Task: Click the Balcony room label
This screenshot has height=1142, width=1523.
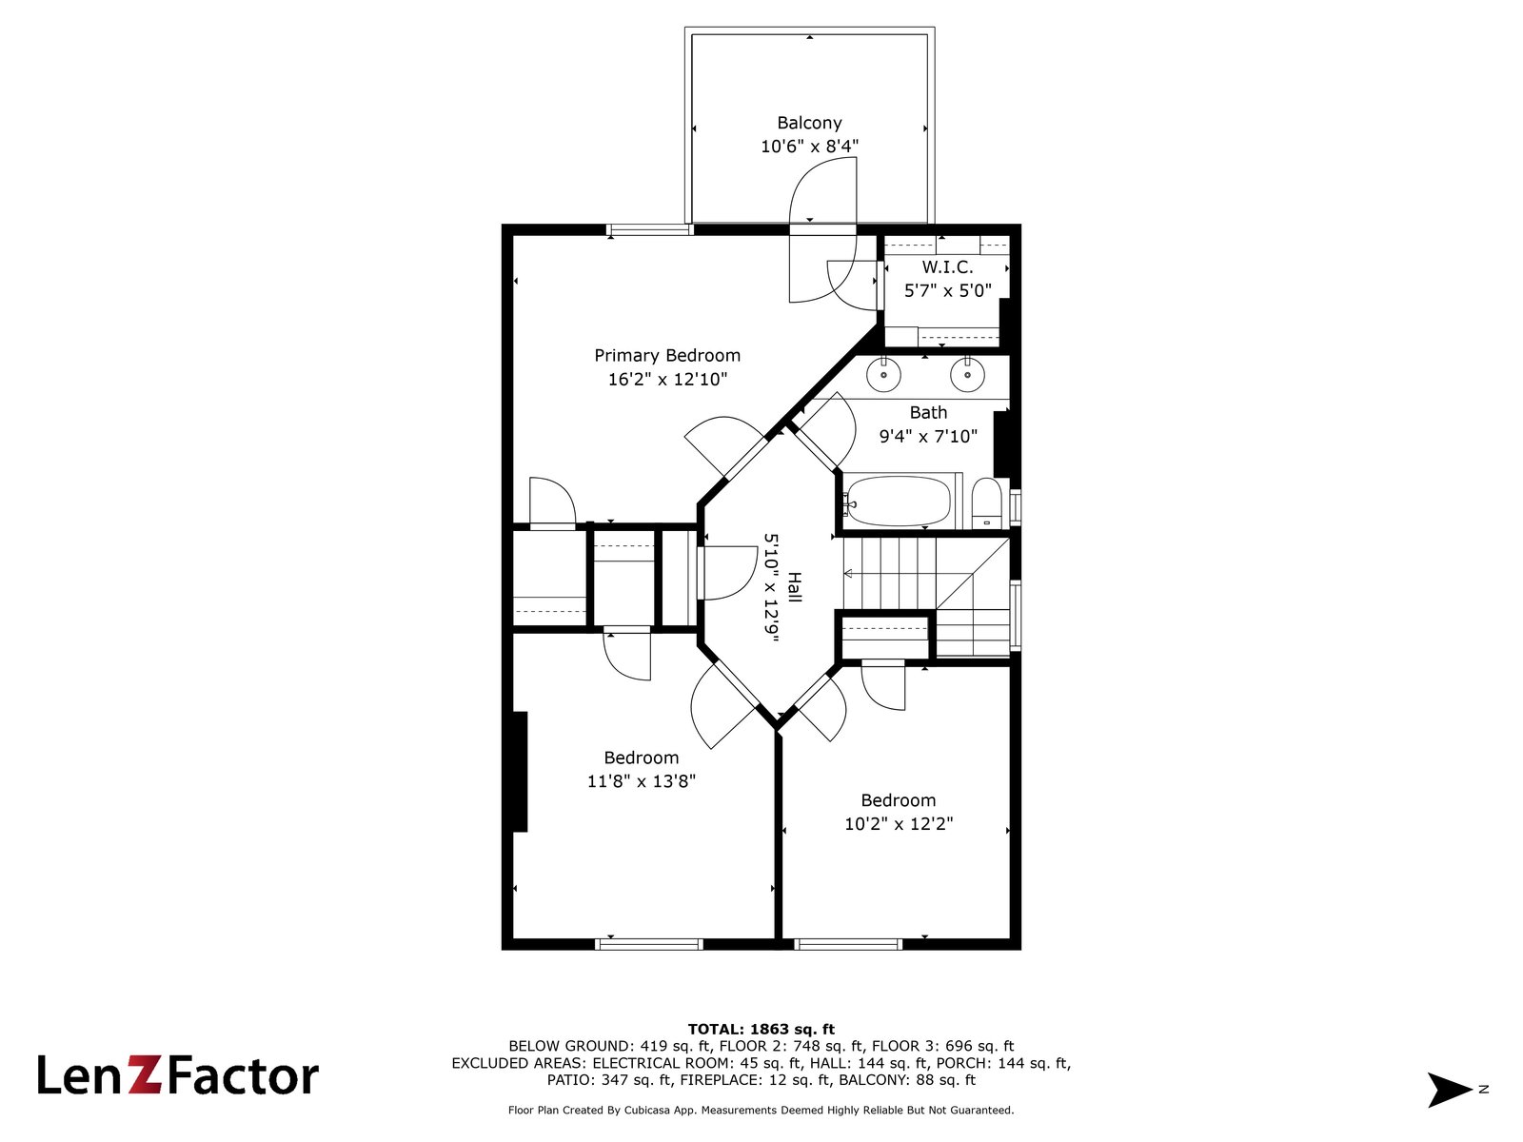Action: point(809,123)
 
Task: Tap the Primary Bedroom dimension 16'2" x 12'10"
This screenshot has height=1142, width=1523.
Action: point(667,380)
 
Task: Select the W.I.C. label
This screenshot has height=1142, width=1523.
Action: point(947,267)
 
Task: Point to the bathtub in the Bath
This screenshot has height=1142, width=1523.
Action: point(900,501)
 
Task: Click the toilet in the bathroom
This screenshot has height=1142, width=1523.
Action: point(986,502)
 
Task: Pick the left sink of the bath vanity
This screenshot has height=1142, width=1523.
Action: point(884,375)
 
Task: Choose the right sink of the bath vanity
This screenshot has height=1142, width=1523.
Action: point(967,375)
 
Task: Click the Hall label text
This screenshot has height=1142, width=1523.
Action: point(795,587)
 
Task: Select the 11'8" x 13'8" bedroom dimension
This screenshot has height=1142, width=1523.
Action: point(642,781)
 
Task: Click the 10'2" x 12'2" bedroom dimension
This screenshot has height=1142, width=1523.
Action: point(899,824)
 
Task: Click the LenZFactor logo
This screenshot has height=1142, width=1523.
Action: point(178,1075)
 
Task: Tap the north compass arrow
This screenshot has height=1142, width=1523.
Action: point(1450,1090)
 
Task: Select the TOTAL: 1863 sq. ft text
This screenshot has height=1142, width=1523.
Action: point(761,1030)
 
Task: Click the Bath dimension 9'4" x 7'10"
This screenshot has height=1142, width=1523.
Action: point(928,436)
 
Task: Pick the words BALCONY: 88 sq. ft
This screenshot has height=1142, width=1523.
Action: point(907,1079)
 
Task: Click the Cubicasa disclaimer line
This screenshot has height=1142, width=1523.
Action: point(761,1110)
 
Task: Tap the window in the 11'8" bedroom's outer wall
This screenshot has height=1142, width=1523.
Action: point(649,944)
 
